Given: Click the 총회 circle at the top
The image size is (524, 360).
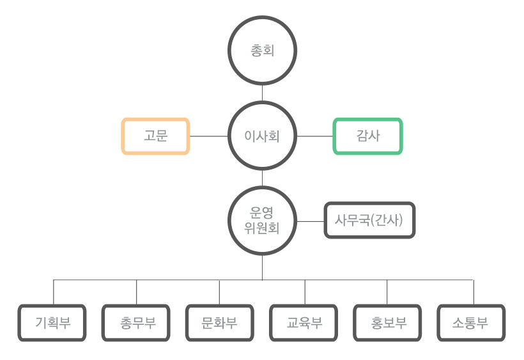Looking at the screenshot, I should [262, 50].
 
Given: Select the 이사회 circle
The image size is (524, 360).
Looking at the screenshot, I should [262, 136].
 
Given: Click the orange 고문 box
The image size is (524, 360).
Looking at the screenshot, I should [156, 136].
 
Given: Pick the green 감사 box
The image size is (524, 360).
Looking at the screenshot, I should [367, 136].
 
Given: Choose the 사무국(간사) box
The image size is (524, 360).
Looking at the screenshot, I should [370, 221].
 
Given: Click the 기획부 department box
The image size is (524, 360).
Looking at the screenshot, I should [53, 322].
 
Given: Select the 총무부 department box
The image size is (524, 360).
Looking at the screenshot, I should [137, 322].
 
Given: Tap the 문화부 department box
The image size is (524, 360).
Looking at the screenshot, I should [220, 322].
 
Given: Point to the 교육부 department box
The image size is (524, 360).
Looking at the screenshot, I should [304, 322].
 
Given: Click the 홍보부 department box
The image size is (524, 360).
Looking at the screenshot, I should [388, 322].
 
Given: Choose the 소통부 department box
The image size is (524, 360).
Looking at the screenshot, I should [472, 322].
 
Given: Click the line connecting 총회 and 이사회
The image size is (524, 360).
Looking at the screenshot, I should [262, 92].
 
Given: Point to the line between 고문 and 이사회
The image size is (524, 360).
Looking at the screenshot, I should [209, 136].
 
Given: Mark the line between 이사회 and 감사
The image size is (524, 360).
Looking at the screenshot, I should [314, 136].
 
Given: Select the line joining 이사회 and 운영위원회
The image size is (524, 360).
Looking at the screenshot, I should [262, 178].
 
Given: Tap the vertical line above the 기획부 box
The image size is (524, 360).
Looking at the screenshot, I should [53, 292].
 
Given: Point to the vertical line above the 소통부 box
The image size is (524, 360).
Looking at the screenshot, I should [474, 292].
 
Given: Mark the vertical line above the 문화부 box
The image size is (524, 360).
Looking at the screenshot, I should [219, 292].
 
